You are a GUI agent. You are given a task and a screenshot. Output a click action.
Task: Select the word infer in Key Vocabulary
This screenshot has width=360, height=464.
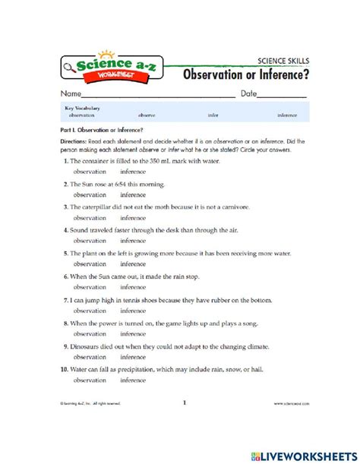pos(212,115)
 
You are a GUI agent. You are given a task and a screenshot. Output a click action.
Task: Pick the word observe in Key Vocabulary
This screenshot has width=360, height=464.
pos(147,115)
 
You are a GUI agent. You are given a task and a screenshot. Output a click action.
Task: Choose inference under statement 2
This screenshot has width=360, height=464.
pos(133,194)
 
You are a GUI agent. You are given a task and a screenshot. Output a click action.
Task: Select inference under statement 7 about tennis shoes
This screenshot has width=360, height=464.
pos(133,311)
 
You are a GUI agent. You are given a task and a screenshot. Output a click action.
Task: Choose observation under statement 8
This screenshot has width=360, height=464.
pos(90,333)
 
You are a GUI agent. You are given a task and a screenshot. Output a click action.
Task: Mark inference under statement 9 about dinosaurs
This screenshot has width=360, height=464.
pos(133,356)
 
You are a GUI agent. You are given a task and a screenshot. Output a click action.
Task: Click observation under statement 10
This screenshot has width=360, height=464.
pos(90,380)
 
